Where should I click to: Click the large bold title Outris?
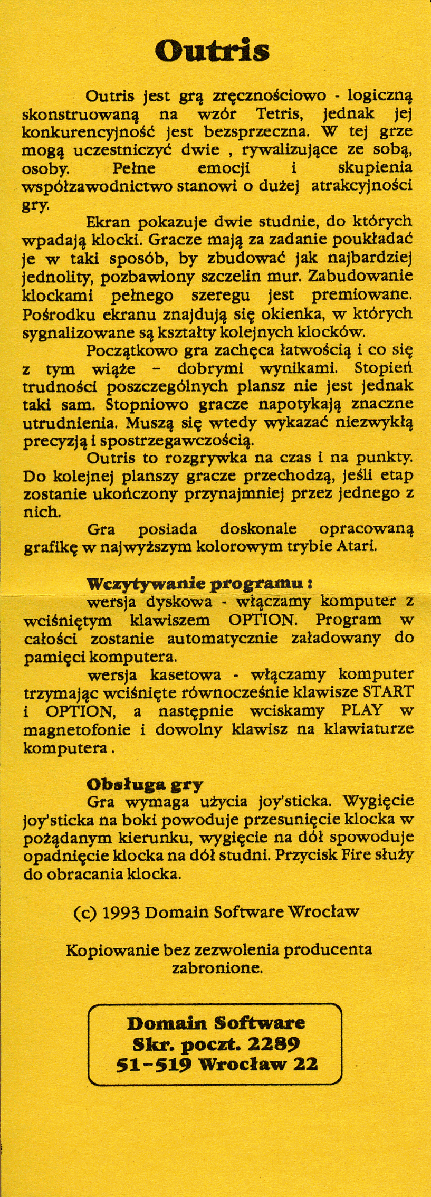[x=212, y=51]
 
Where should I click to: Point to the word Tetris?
[x=279, y=114]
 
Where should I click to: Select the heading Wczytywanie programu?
[x=200, y=584]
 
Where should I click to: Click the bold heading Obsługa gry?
[x=145, y=784]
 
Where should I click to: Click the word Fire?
[x=355, y=855]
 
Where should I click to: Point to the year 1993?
[x=121, y=912]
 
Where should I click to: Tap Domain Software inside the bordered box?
[x=216, y=1023]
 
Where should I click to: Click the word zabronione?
[x=217, y=968]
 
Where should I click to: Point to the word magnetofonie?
[x=77, y=729]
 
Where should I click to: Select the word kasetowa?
[x=186, y=675]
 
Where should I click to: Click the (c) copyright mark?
[x=85, y=912]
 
